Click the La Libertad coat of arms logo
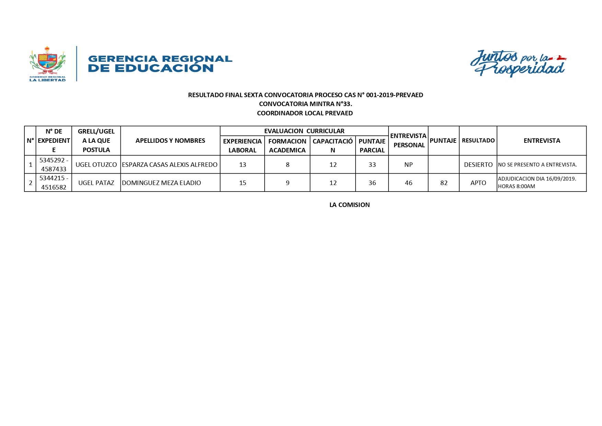pyautogui.click(x=47, y=64)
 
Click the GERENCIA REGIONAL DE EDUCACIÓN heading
pyautogui.click(x=160, y=64)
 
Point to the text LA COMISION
pyautogui.click(x=349, y=205)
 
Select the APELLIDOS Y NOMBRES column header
pyautogui.click(x=170, y=141)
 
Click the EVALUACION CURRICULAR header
pyautogui.click(x=304, y=131)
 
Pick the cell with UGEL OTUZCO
pyautogui.click(x=96, y=165)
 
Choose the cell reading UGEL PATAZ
pyautogui.click(x=96, y=183)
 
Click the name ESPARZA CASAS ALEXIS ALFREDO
pyautogui.click(x=170, y=165)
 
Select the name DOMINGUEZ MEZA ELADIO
pyautogui.click(x=161, y=183)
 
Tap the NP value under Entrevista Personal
pyautogui.click(x=408, y=165)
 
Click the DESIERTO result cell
pyautogui.click(x=478, y=165)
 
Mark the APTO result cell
pyautogui.click(x=478, y=183)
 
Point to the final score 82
pyautogui.click(x=444, y=183)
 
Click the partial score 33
pyautogui.click(x=372, y=165)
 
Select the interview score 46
pyautogui.click(x=408, y=183)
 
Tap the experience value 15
pyautogui.click(x=243, y=183)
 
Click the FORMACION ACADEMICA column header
pyautogui.click(x=287, y=146)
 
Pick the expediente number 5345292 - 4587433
pyautogui.click(x=54, y=165)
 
